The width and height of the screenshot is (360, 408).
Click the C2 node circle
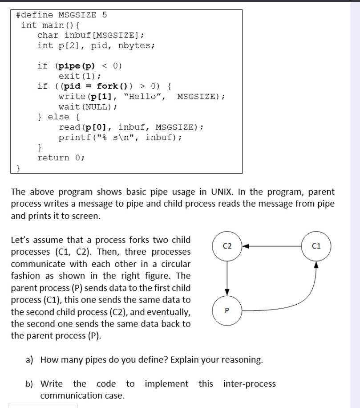(x=227, y=245)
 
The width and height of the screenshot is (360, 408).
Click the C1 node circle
(x=316, y=245)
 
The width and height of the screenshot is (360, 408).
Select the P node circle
(x=227, y=310)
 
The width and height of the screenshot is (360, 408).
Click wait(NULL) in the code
(x=88, y=106)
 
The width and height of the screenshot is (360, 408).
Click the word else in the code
(x=58, y=117)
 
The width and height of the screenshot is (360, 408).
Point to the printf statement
(x=120, y=137)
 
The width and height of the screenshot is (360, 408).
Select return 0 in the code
(x=61, y=158)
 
